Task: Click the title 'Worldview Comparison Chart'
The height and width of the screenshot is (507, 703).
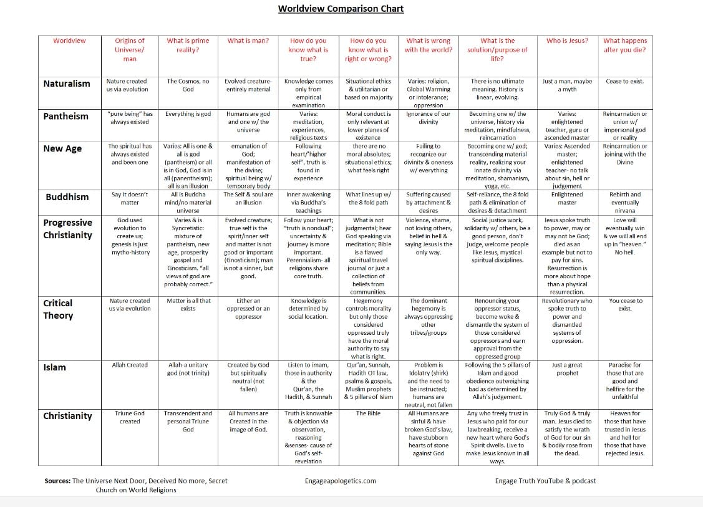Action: (x=341, y=9)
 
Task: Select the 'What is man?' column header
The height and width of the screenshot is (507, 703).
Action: (x=248, y=41)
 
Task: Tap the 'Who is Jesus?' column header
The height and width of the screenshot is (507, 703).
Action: (x=567, y=41)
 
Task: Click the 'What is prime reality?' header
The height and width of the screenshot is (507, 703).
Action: (x=188, y=46)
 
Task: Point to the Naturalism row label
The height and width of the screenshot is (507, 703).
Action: (x=67, y=84)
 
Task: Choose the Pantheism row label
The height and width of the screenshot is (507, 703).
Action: (x=65, y=116)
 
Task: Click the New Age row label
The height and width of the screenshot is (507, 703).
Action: (x=62, y=148)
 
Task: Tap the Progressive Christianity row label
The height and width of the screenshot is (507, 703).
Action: (x=67, y=229)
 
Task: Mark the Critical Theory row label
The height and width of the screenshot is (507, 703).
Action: (x=58, y=309)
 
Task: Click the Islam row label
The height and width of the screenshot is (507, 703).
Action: (x=54, y=367)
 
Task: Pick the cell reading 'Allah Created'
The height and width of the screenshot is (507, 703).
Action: (x=130, y=365)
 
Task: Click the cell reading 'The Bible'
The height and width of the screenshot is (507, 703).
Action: (x=369, y=413)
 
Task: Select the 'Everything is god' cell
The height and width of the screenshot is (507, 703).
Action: (x=188, y=114)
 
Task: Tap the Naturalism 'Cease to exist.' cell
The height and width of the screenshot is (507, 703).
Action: (x=624, y=81)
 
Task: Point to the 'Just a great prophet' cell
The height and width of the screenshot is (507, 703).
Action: (x=567, y=369)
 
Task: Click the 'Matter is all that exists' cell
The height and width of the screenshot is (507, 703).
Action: (x=188, y=304)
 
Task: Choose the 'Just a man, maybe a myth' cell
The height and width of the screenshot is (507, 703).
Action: (x=567, y=85)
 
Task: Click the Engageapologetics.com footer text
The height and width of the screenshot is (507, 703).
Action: (x=341, y=481)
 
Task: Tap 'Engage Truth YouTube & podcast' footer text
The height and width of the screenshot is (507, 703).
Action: (x=545, y=481)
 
